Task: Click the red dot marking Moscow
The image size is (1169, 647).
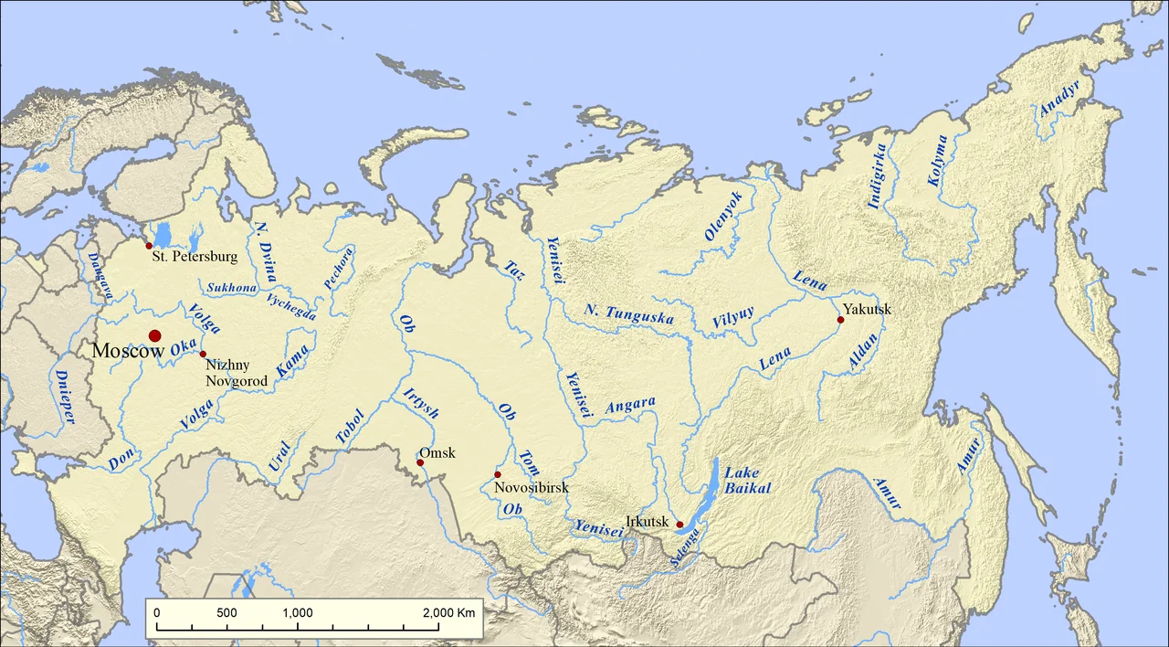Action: coord(155,336)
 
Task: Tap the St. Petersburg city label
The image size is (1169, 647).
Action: coord(195,257)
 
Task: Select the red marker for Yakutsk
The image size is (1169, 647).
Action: coord(840,320)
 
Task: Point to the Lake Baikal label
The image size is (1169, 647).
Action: coord(748,481)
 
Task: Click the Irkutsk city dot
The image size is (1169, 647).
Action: coord(679,525)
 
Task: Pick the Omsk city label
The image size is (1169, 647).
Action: coord(437,453)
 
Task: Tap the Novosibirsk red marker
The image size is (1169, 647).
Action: coord(498,474)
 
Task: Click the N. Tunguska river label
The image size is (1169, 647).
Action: coord(629,316)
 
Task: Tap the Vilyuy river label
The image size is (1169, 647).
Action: coord(733,317)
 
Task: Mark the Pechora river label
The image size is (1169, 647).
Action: coord(337,268)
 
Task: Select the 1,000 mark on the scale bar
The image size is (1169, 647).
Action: coord(298,612)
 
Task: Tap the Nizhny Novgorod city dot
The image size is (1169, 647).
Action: coord(203,354)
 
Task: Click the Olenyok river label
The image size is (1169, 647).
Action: coord(724,217)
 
